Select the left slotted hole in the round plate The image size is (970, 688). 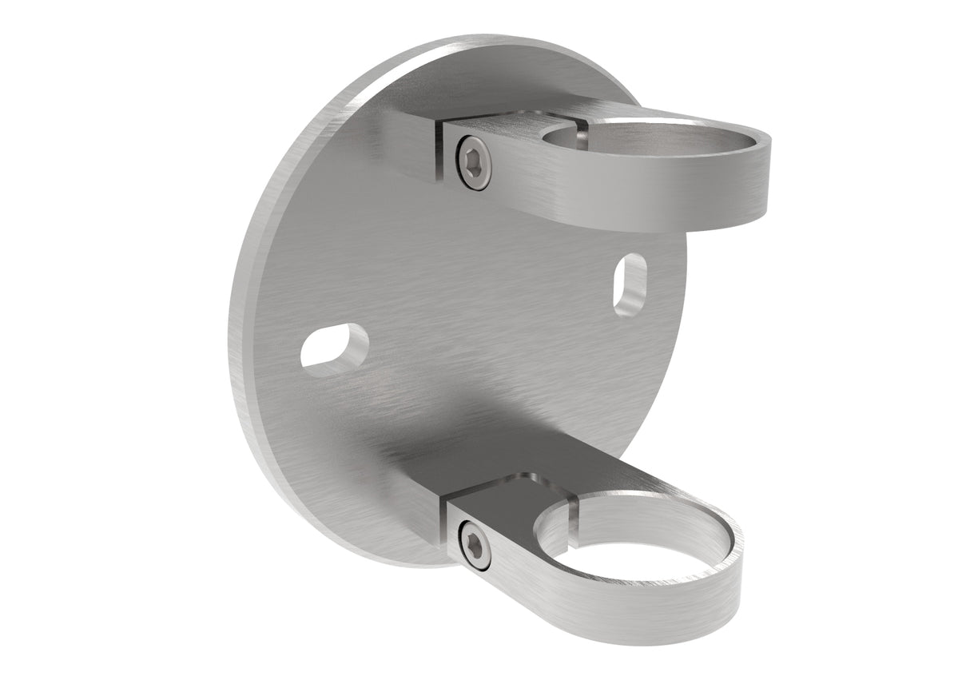(334, 347)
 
